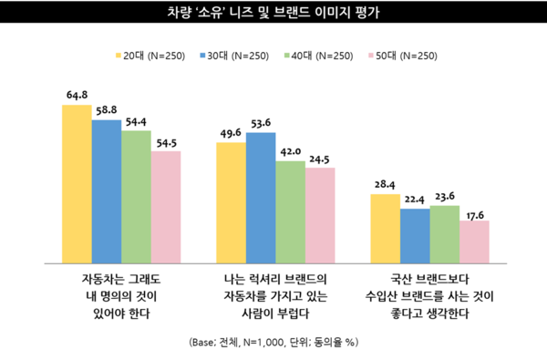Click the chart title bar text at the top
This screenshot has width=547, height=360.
click(273, 14)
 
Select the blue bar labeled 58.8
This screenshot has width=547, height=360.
click(107, 188)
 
